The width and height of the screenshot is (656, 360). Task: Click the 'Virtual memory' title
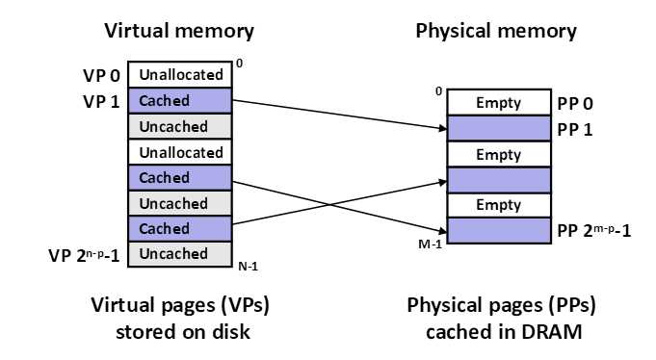pos(179,32)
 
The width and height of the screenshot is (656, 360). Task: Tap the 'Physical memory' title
pos(496,32)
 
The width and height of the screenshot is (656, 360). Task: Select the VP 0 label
pos(102,76)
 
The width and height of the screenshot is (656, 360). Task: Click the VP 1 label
pos(102,102)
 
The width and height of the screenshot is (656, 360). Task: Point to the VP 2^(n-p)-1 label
pos(84,255)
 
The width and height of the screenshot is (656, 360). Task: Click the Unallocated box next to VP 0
pos(180,75)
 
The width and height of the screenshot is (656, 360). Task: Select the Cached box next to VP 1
pos(180,101)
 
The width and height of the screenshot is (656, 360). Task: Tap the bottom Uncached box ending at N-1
pos(180,254)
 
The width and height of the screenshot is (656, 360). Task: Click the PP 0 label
pos(575,104)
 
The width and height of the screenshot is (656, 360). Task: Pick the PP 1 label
pos(575,130)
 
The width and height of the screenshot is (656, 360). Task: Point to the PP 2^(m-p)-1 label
pos(594,230)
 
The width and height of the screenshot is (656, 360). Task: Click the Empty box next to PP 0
pos(499,102)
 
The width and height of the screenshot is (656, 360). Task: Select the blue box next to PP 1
pos(499,128)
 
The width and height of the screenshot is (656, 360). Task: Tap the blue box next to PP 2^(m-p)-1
pos(499,230)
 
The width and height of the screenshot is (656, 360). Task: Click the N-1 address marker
pos(249,267)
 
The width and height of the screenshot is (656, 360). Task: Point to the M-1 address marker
pos(430,244)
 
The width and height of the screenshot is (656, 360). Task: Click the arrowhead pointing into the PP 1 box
pos(443,128)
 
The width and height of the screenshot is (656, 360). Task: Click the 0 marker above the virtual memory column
pos(239,64)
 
